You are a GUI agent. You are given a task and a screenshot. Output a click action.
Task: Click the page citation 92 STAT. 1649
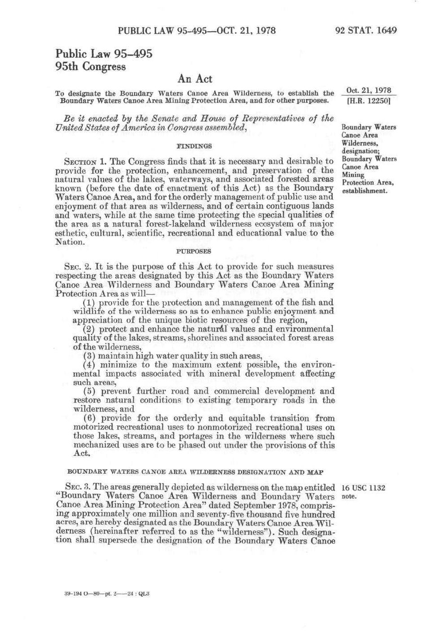tap(366, 31)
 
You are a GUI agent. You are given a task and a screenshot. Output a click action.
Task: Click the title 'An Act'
tap(194, 79)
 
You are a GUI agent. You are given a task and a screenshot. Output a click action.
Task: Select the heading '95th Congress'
tap(90, 67)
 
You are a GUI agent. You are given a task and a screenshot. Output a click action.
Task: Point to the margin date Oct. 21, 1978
tap(369, 91)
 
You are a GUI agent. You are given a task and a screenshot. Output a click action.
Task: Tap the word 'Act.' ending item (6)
tap(81, 454)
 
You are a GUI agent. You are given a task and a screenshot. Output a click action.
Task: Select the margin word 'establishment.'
tap(365, 191)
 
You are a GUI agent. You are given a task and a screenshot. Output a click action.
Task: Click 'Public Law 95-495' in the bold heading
tap(104, 54)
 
